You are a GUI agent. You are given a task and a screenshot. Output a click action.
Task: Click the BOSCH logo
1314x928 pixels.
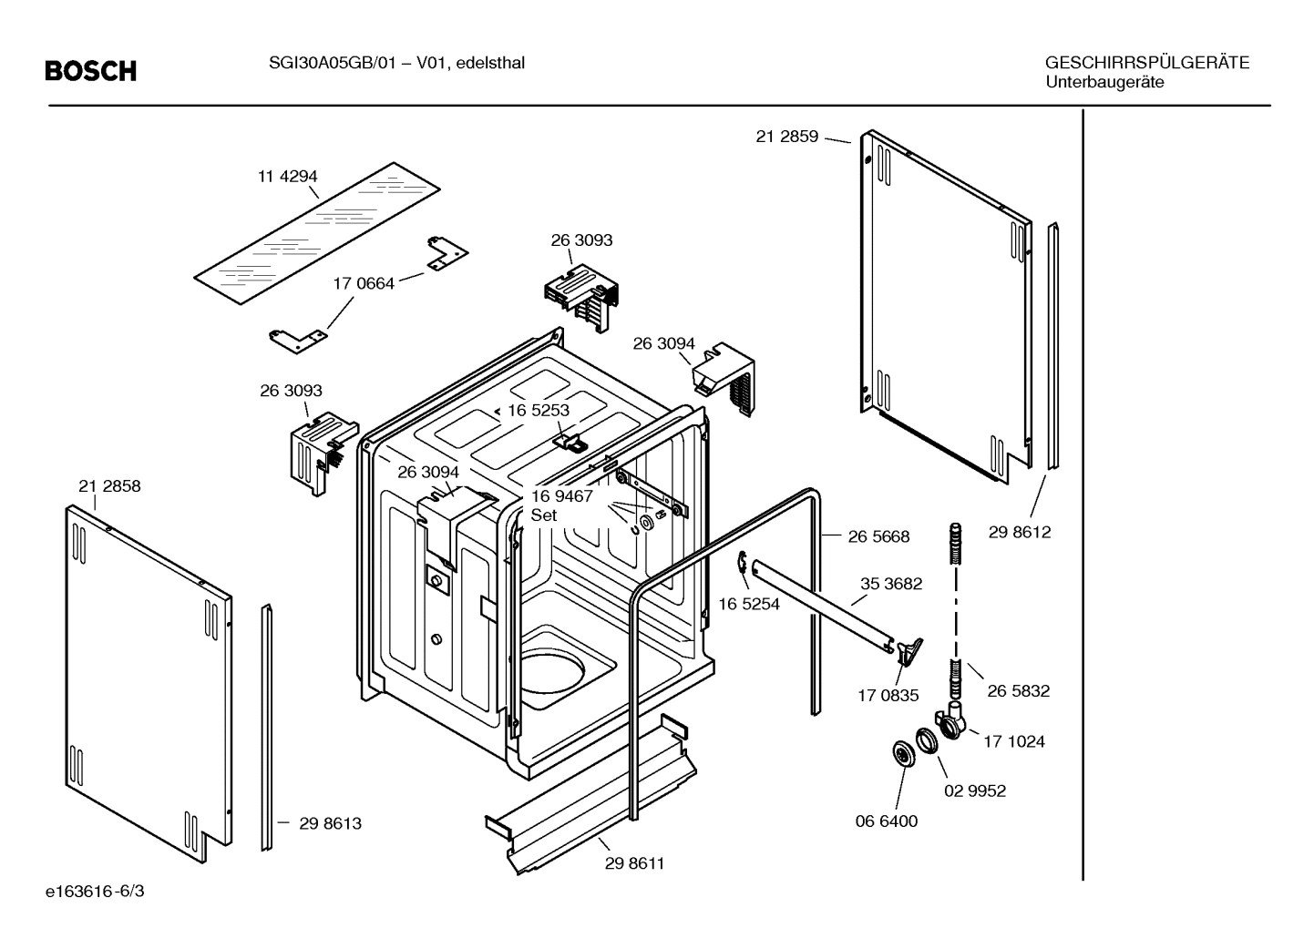[x=91, y=71]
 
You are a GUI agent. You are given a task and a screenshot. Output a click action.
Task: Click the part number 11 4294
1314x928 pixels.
[x=287, y=177]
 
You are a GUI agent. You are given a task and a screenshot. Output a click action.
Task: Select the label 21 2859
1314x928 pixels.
[x=786, y=137]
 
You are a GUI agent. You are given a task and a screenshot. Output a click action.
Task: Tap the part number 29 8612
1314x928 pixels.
[x=1019, y=533]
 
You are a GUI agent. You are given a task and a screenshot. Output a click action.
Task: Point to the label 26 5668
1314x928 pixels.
[x=878, y=537]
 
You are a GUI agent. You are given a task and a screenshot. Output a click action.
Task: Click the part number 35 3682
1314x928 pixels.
[x=891, y=584]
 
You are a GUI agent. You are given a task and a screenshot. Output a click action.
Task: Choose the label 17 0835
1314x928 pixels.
[x=888, y=696]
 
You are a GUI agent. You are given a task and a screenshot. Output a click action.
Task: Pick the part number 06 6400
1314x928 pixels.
[x=886, y=821]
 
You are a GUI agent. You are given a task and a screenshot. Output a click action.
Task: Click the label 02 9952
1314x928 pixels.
[x=974, y=790]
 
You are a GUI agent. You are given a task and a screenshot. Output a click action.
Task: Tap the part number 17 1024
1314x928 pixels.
[x=1013, y=741]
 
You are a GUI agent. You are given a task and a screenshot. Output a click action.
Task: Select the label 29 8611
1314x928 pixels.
[x=634, y=863]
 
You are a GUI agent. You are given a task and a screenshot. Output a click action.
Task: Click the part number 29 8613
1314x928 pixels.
[x=331, y=823]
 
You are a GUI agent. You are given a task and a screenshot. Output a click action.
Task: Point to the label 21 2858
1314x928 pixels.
[x=109, y=486]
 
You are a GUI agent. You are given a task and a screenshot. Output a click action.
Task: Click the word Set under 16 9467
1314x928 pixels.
[x=544, y=515]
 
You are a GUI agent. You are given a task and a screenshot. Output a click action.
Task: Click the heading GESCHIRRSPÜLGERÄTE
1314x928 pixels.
[x=1146, y=63]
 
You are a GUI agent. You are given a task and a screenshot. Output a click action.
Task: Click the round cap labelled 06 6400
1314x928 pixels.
[x=903, y=754]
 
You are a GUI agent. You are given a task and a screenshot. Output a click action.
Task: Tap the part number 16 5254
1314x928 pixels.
[x=749, y=604]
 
